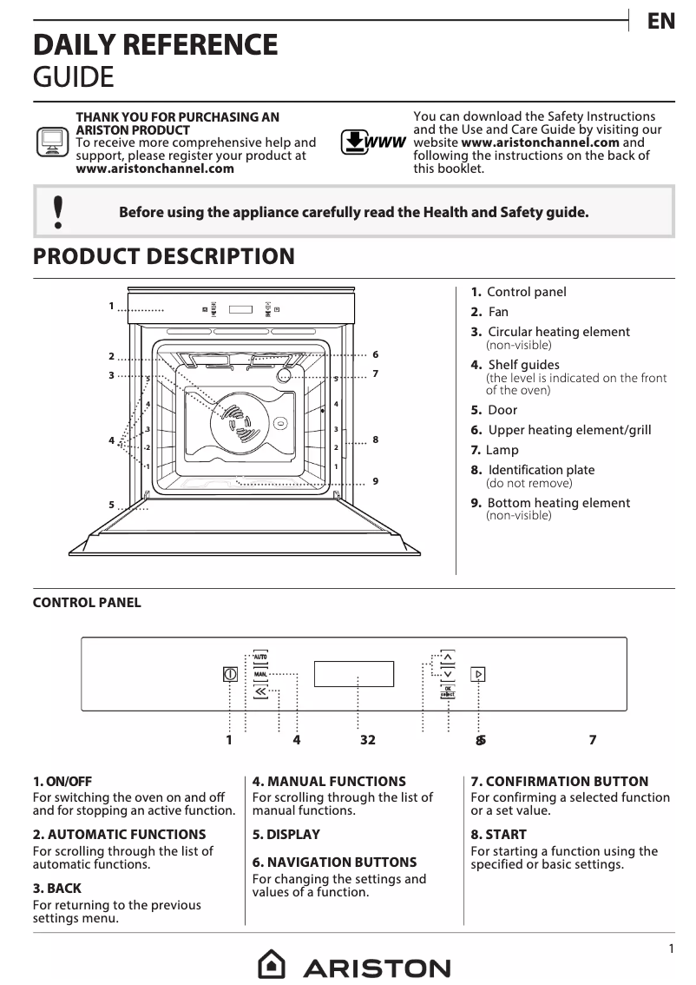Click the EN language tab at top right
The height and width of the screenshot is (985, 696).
[661, 22]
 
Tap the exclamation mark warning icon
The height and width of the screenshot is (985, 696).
[58, 212]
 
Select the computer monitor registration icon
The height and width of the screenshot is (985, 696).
[52, 141]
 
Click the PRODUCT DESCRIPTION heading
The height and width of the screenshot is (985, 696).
[163, 257]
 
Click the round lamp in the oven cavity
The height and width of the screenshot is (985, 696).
[284, 376]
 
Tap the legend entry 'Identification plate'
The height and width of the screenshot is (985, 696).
[541, 470]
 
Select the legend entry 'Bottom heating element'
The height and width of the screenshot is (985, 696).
[558, 503]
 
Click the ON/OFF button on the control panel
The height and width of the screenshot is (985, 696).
[230, 674]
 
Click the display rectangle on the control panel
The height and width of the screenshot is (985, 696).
[353, 674]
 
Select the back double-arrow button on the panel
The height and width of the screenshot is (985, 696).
[260, 691]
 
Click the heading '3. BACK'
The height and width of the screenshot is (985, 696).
[56, 889]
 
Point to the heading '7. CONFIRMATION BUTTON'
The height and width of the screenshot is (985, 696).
[559, 782]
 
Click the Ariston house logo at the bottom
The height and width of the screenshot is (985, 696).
[272, 965]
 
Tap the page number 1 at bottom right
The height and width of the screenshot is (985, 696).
[671, 949]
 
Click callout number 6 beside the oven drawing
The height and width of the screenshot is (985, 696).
[375, 354]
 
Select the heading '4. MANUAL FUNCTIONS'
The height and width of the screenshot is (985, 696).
[329, 782]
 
